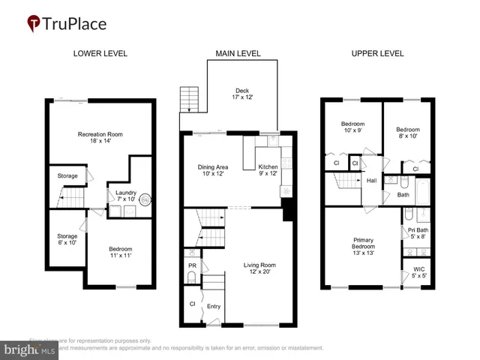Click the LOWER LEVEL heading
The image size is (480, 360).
pyautogui.click(x=100, y=54)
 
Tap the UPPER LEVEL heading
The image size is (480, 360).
pyautogui.click(x=377, y=54)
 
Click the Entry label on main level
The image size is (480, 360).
pyautogui.click(x=214, y=307)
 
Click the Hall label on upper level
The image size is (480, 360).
pyautogui.click(x=371, y=180)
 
